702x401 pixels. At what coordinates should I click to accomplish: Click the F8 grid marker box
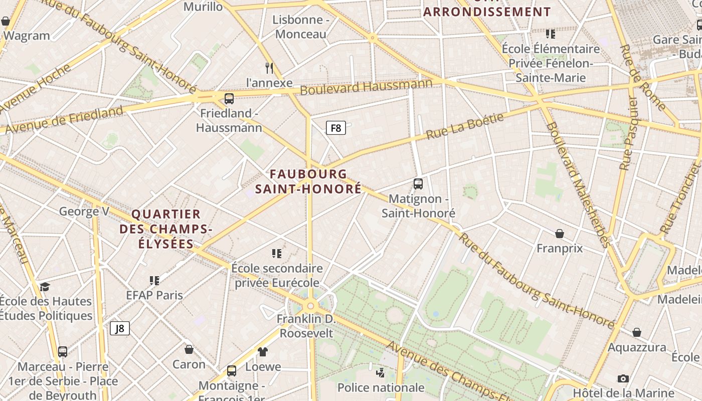[x=336, y=128]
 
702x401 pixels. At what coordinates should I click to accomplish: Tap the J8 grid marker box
[x=120, y=328]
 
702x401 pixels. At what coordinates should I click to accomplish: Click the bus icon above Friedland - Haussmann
[x=229, y=98]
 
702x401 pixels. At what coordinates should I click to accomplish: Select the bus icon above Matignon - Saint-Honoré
[x=418, y=184]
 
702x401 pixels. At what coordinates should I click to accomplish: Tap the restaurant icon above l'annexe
[x=269, y=68]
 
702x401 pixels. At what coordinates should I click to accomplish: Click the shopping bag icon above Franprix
[x=560, y=234]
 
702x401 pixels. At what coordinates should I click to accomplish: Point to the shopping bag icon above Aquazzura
[x=637, y=332]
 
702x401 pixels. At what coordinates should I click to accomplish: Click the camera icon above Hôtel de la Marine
[x=623, y=378]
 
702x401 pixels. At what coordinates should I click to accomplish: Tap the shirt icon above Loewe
[x=263, y=352]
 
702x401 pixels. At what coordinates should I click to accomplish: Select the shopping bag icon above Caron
[x=189, y=349]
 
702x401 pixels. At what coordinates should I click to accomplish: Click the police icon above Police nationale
[x=381, y=372]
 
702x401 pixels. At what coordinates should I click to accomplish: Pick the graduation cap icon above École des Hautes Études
[x=45, y=287]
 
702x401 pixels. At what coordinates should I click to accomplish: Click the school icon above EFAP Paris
[x=154, y=280]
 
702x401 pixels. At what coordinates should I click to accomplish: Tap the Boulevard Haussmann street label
[x=366, y=87]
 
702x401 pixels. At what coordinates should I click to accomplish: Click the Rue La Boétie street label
[x=465, y=126]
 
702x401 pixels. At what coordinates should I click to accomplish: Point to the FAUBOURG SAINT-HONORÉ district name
[x=308, y=181]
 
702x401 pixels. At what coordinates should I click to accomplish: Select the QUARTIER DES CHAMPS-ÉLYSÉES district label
[x=166, y=229]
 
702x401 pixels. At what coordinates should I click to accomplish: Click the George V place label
[x=84, y=211]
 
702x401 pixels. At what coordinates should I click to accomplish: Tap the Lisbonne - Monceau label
[x=301, y=27]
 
